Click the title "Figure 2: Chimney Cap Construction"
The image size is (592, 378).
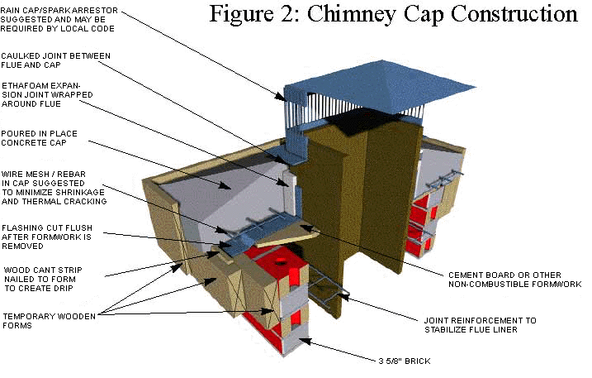coord(393,15)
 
